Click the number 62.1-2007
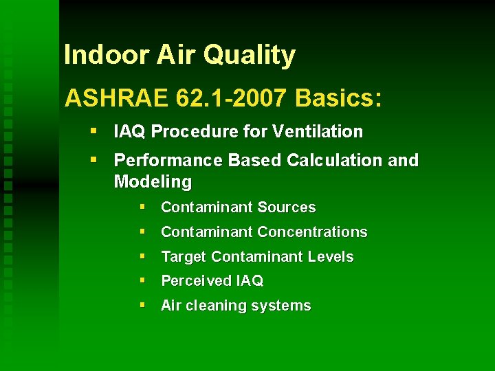click(x=231, y=98)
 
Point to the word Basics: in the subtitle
click(x=338, y=98)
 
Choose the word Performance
click(x=159, y=161)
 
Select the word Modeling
click(x=153, y=182)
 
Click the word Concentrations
click(x=312, y=232)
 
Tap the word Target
click(x=184, y=257)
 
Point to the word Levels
click(x=331, y=257)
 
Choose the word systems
click(x=285, y=306)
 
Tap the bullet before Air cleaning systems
click(x=141, y=305)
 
